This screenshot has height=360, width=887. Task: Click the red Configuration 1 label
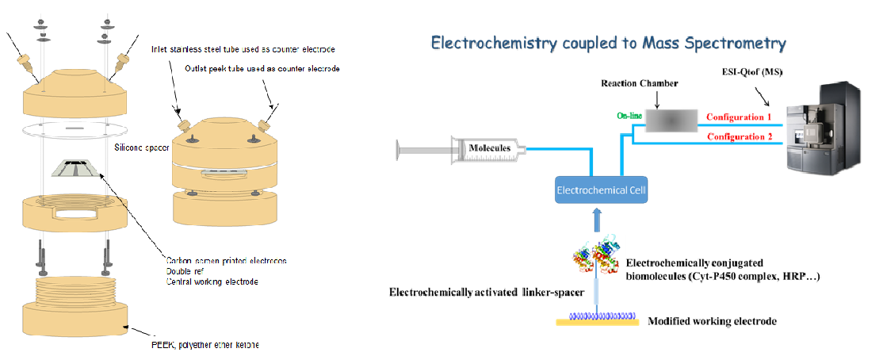pos(740,117)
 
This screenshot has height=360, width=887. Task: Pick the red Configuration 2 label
pos(740,137)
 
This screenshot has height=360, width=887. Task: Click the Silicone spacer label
pos(132,146)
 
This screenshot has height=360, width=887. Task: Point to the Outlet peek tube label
pos(262,69)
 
